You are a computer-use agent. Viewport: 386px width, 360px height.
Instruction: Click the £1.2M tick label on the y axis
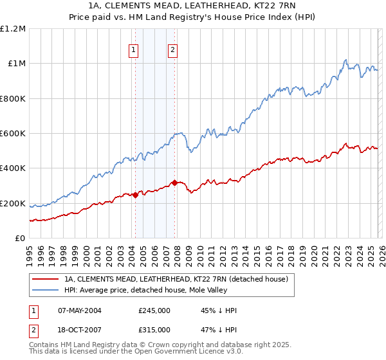(x=13, y=29)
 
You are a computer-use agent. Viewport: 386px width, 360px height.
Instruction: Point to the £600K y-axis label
(x=13, y=134)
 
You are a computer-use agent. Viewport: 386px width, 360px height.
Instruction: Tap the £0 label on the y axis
(x=21, y=239)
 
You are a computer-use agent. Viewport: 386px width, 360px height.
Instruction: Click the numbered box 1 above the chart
(x=133, y=50)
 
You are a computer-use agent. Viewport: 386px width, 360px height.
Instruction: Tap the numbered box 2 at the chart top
(x=173, y=50)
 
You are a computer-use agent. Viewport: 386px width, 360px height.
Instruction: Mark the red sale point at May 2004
(x=135, y=195)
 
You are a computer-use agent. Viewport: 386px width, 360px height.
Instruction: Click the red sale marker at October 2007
(x=174, y=183)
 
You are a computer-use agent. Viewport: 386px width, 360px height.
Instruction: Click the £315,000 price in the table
(x=154, y=329)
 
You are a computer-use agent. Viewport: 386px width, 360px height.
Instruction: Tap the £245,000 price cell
(x=154, y=310)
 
